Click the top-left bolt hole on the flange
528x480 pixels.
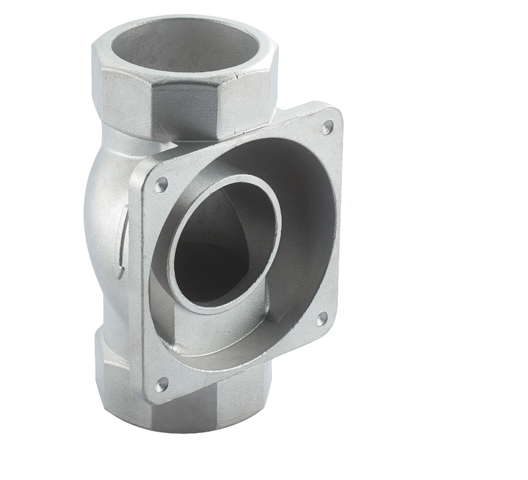(x=160, y=184)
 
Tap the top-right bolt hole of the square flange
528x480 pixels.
(x=327, y=127)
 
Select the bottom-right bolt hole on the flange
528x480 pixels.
(x=322, y=319)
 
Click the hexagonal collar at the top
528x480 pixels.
(x=185, y=101)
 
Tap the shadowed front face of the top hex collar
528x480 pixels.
(x=185, y=110)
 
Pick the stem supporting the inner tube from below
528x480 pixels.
(x=197, y=328)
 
